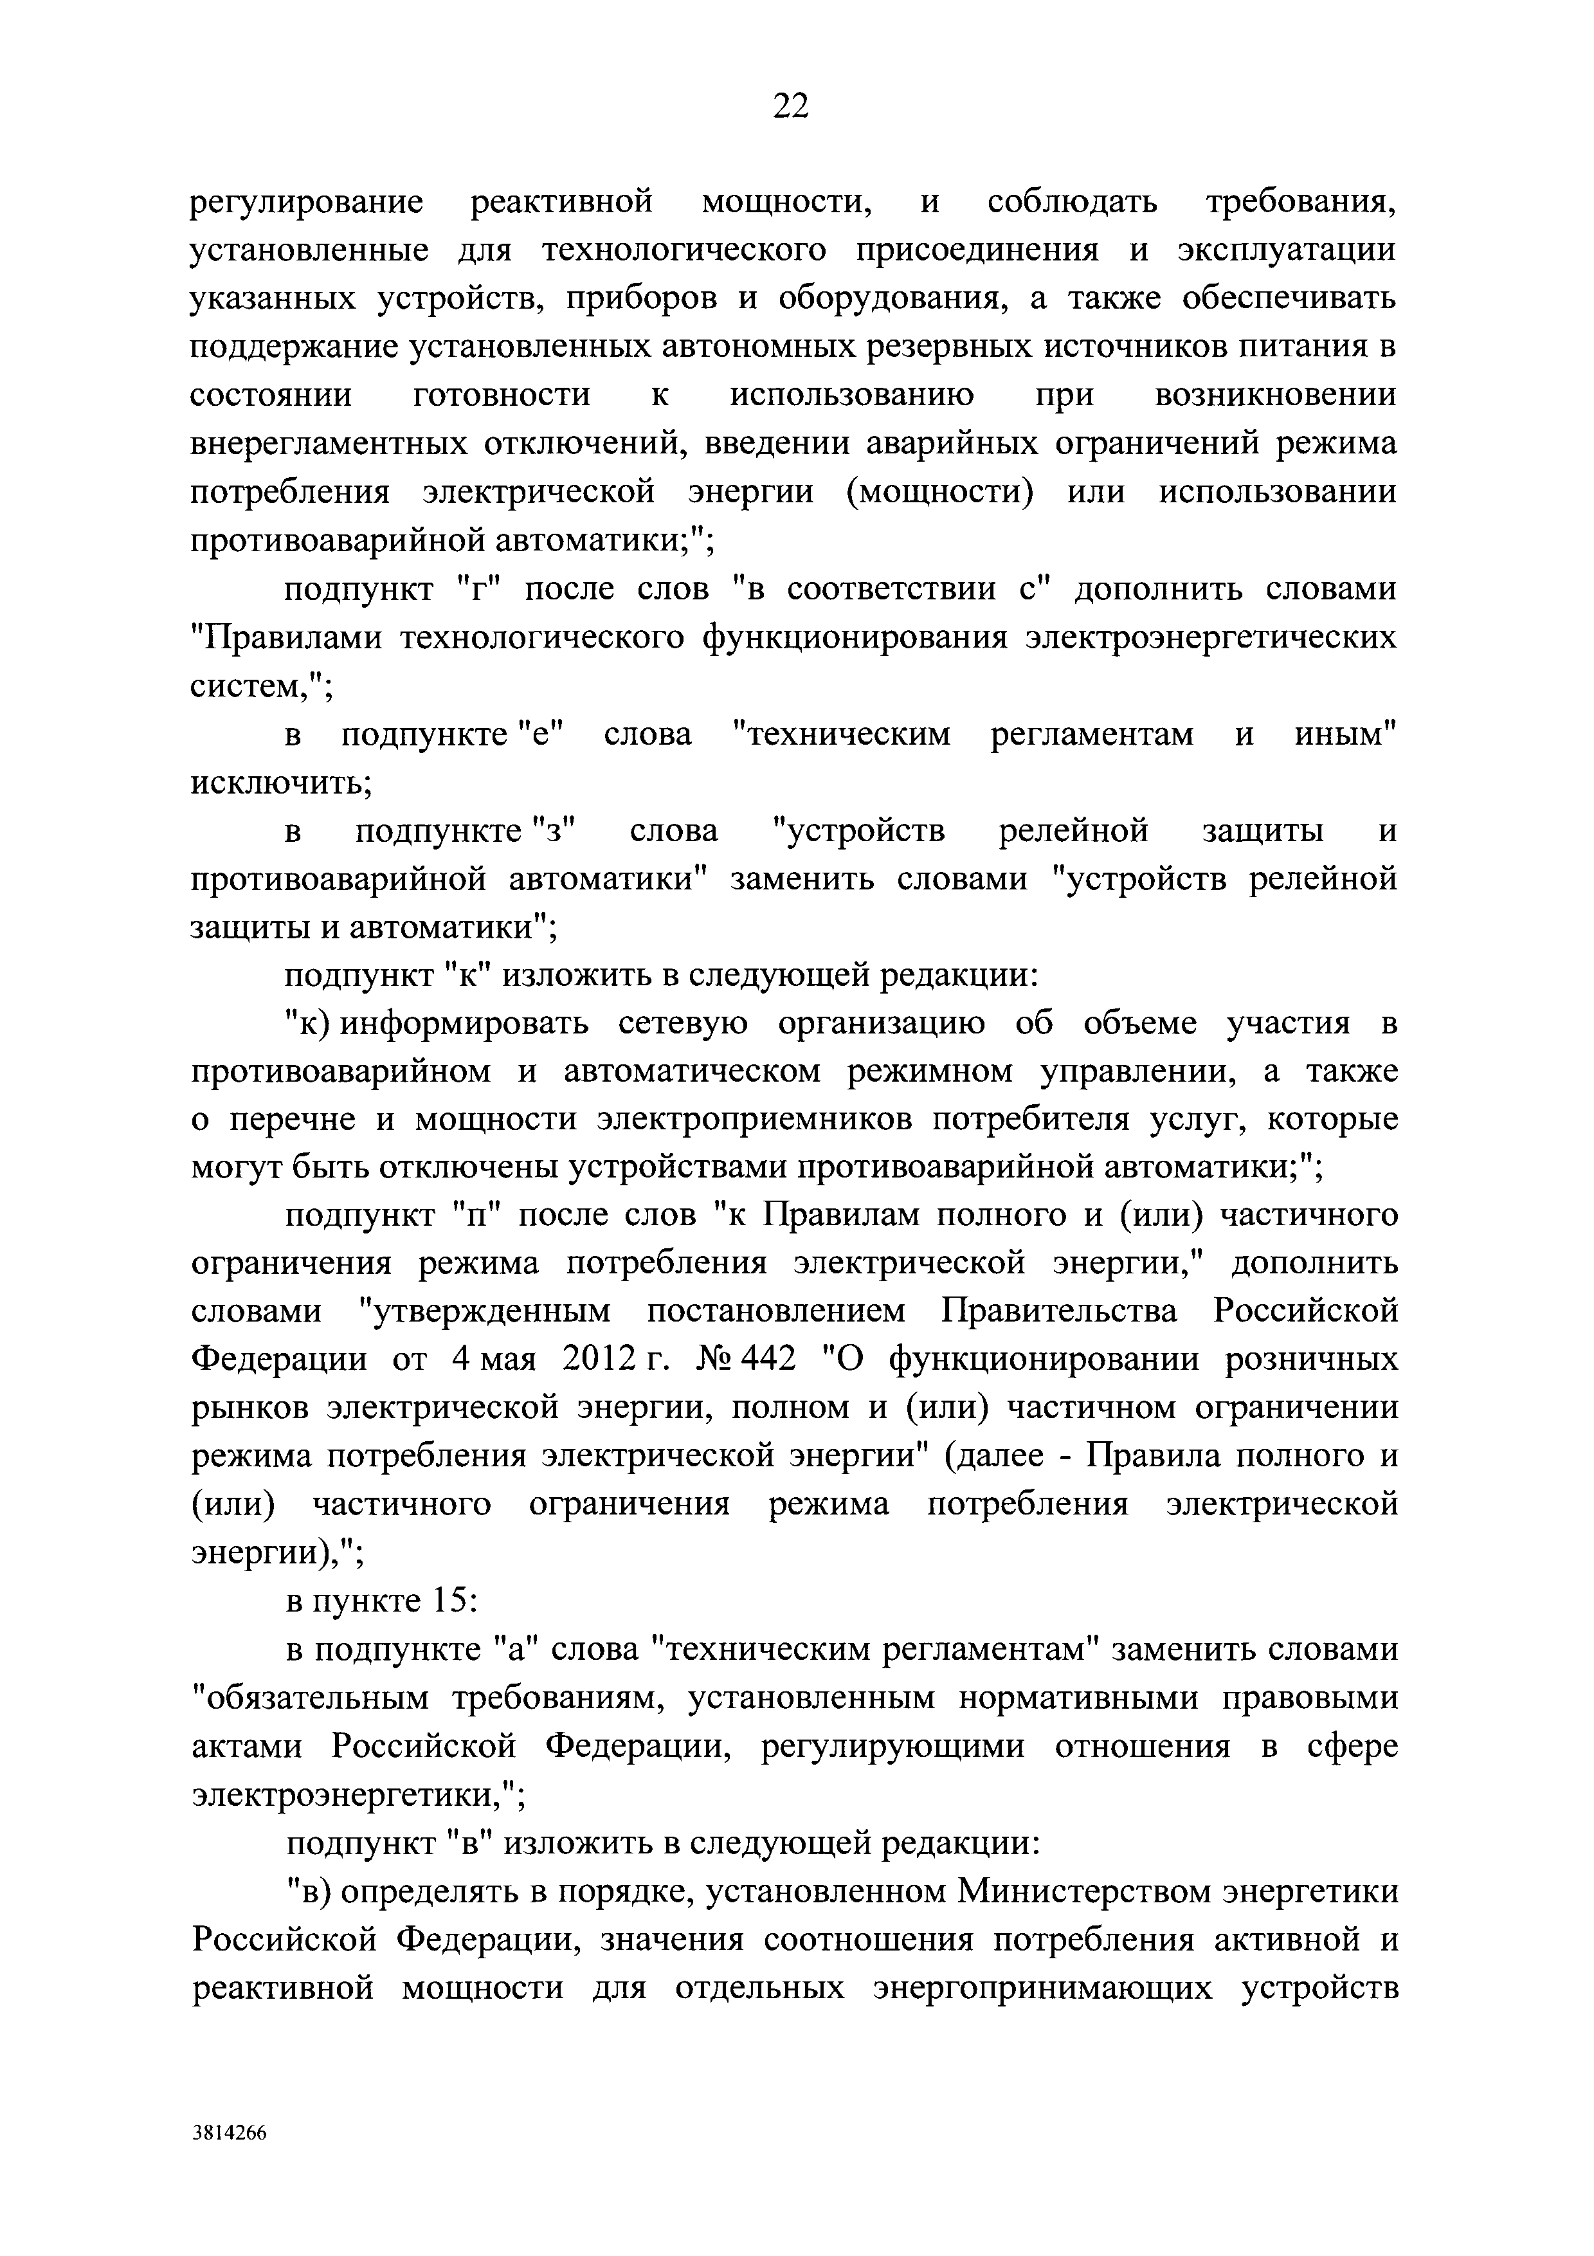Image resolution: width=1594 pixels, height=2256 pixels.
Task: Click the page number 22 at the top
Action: click(x=791, y=104)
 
